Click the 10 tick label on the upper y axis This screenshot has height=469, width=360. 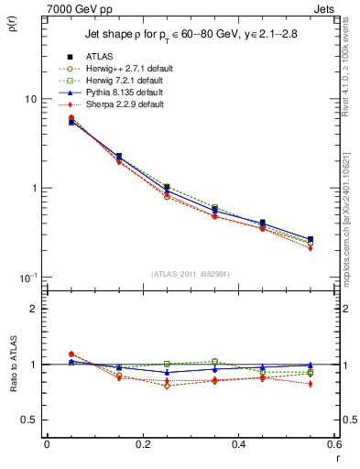[29, 99]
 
